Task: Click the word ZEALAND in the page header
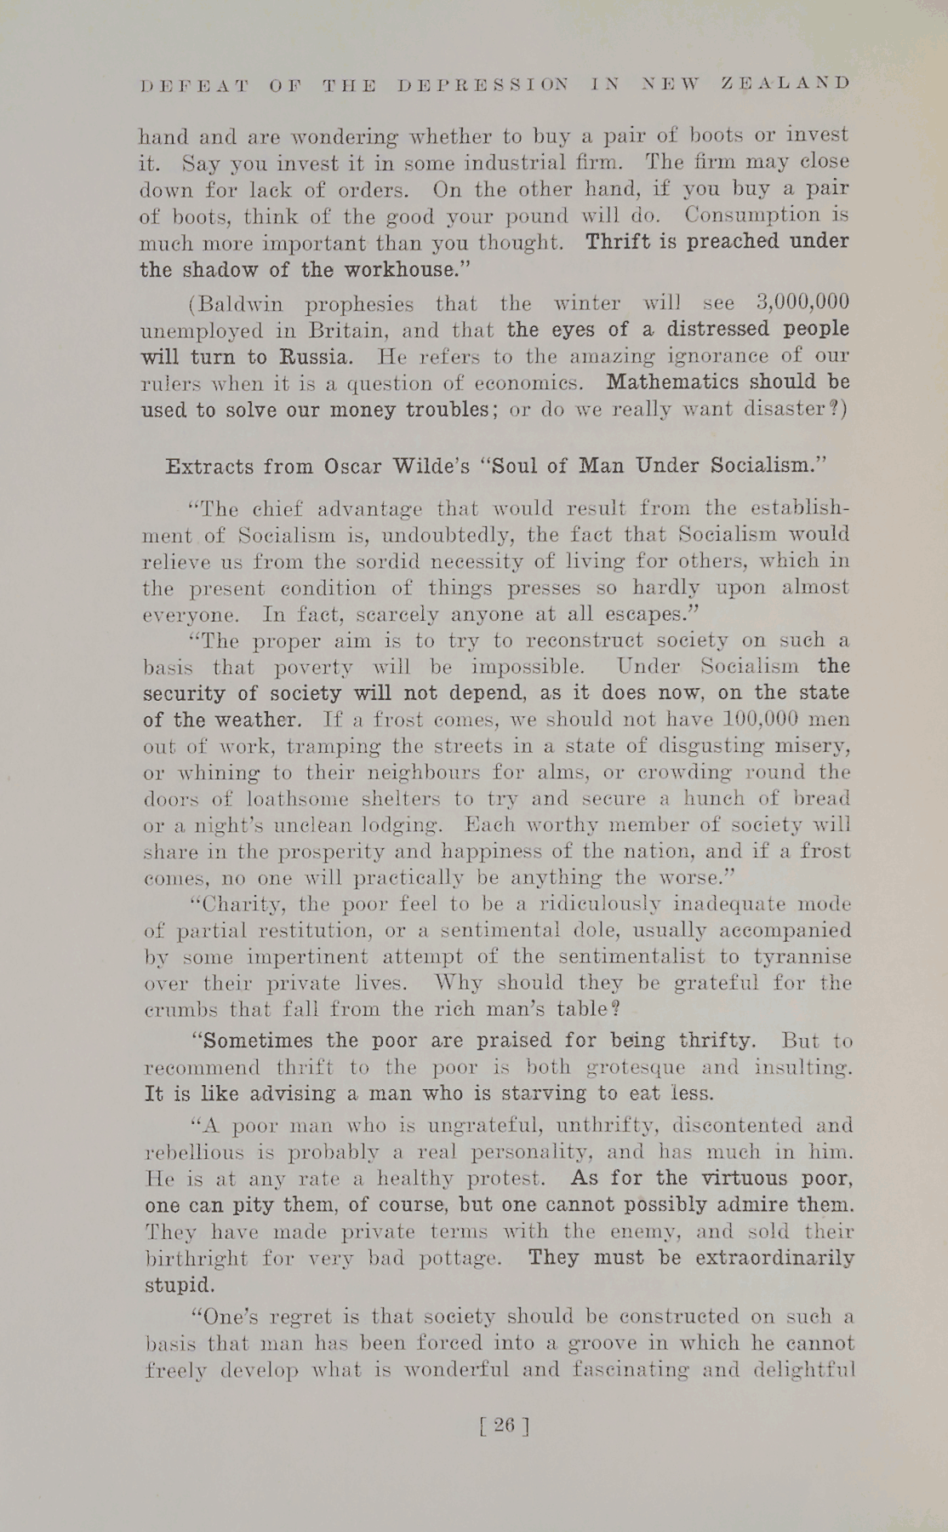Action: pyautogui.click(x=785, y=83)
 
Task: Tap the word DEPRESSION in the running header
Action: pyautogui.click(x=483, y=84)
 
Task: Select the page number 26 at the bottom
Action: pyautogui.click(x=505, y=1425)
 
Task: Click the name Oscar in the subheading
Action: pyautogui.click(x=352, y=467)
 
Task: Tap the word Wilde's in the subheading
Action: pyautogui.click(x=430, y=467)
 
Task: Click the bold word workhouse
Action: pyautogui.click(x=414, y=269)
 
